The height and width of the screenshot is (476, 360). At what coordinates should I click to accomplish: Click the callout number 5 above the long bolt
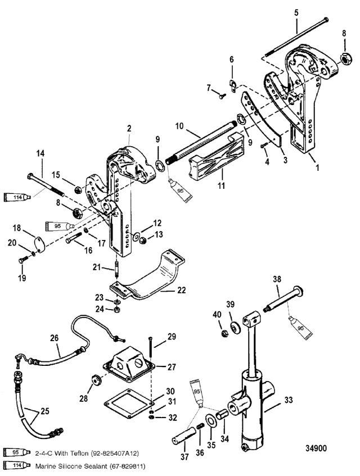[x=296, y=13]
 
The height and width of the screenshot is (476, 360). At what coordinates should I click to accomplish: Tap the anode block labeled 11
[x=217, y=157]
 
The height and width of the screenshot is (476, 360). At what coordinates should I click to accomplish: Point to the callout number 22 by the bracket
[x=181, y=291]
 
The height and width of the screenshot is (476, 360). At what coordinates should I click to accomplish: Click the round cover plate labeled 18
[x=39, y=244]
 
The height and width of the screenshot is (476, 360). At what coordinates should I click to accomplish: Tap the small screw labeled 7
[x=223, y=96]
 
